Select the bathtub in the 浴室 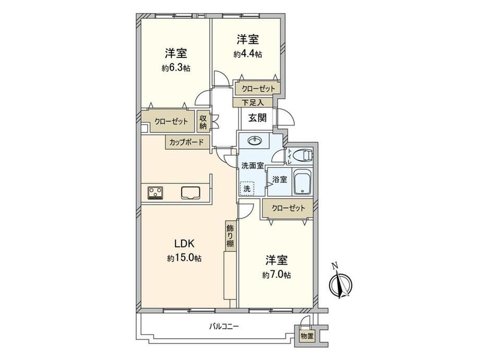(x=303, y=182)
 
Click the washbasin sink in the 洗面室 (x=255, y=140)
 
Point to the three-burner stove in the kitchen (x=156, y=193)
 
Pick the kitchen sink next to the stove (x=190, y=193)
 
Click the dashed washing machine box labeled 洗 (x=247, y=188)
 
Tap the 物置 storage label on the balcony (x=307, y=336)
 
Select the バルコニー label (x=224, y=326)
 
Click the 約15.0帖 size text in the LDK (x=184, y=258)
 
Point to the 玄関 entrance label (x=257, y=118)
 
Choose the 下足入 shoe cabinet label (x=253, y=102)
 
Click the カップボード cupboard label (x=186, y=142)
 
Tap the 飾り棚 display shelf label (x=230, y=236)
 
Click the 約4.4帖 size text (x=248, y=54)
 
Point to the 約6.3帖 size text (x=176, y=68)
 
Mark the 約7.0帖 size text (x=277, y=275)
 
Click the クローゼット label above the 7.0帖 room (x=289, y=208)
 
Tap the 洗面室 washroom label (x=253, y=165)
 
